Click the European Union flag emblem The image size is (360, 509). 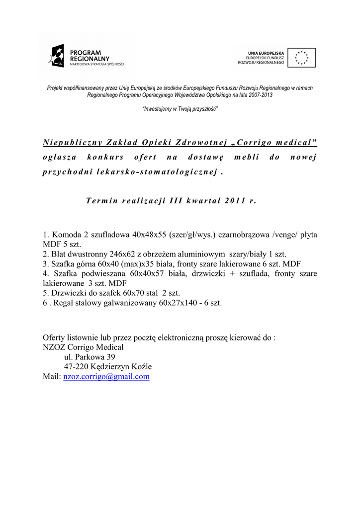(x=301, y=58)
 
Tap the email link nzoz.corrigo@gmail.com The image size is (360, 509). (x=106, y=377)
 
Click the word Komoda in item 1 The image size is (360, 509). (x=66, y=234)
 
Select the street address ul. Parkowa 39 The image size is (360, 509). (x=90, y=357)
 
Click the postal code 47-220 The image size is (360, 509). (x=76, y=367)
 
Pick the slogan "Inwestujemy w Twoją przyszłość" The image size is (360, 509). (x=180, y=108)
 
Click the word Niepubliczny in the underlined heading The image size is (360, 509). (x=72, y=143)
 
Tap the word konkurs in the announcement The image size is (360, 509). (x=105, y=157)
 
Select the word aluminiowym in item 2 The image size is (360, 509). (x=201, y=254)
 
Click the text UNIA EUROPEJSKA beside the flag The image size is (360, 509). (x=266, y=53)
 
